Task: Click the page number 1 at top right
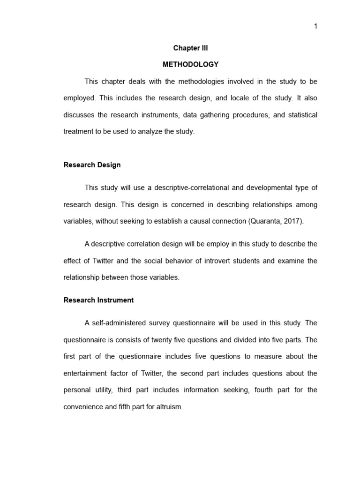click(315, 26)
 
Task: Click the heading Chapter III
click(190, 48)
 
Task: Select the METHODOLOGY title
click(190, 64)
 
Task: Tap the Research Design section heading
click(92, 165)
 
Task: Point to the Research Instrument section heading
click(98, 300)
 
